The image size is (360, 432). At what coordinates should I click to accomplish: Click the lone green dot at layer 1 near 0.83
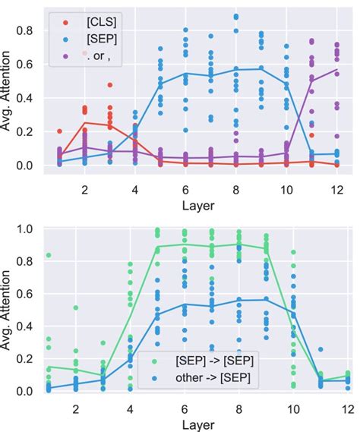tap(49, 255)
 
